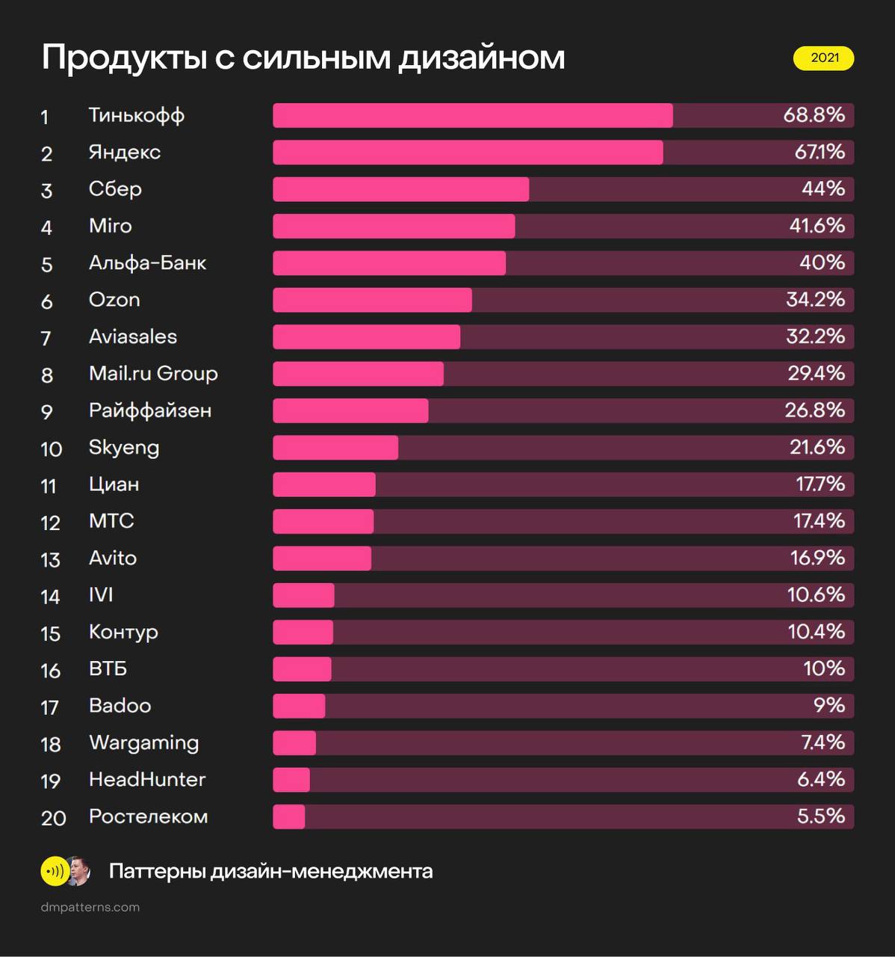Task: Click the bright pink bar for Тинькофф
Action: pyautogui.click(x=472, y=116)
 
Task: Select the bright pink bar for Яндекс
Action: pyautogui.click(x=468, y=153)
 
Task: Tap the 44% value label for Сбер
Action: pyautogui.click(x=823, y=189)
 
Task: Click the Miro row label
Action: pyautogui.click(x=110, y=226)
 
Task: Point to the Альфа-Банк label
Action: pyautogui.click(x=147, y=263)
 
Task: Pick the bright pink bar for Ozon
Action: pyautogui.click(x=372, y=300)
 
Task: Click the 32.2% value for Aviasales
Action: pyautogui.click(x=815, y=336)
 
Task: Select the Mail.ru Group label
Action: pyautogui.click(x=153, y=374)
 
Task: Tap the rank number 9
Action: pyautogui.click(x=46, y=412)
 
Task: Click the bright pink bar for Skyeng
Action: pyautogui.click(x=335, y=448)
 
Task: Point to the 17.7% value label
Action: pyautogui.click(x=820, y=484)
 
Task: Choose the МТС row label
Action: pyautogui.click(x=111, y=521)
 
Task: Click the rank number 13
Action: pyautogui.click(x=50, y=560)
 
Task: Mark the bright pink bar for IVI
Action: pyautogui.click(x=303, y=595)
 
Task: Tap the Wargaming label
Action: pyautogui.click(x=144, y=743)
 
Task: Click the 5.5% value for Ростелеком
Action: pyautogui.click(x=821, y=816)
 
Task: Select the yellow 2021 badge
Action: pyautogui.click(x=823, y=58)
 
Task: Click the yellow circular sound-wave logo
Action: pyautogui.click(x=54, y=871)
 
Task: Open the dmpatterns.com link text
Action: pyautogui.click(x=90, y=907)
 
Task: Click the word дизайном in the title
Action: pyautogui.click(x=481, y=58)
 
